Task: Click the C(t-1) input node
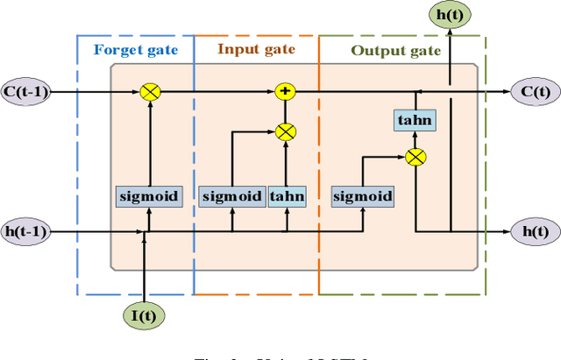click(27, 90)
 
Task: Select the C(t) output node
click(534, 90)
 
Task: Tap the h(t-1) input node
click(27, 232)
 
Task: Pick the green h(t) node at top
click(450, 14)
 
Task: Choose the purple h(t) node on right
click(534, 232)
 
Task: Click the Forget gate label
click(135, 50)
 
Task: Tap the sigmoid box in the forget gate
click(148, 196)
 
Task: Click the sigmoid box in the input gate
click(231, 196)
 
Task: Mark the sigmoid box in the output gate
click(362, 196)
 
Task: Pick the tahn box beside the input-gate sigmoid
click(287, 196)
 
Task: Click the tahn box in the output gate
click(415, 121)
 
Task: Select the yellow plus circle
click(284, 90)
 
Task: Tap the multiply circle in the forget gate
click(148, 90)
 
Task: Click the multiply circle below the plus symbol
click(284, 131)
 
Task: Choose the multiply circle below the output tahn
click(415, 158)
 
